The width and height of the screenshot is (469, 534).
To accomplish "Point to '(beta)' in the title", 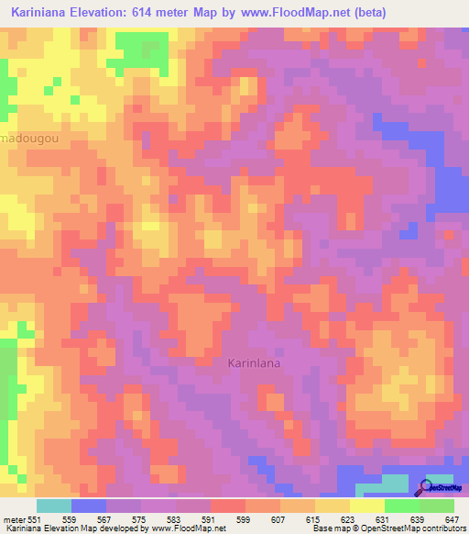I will (365, 12).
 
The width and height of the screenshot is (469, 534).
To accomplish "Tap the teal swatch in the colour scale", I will (54, 506).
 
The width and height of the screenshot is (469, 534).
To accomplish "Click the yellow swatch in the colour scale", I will (367, 506).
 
